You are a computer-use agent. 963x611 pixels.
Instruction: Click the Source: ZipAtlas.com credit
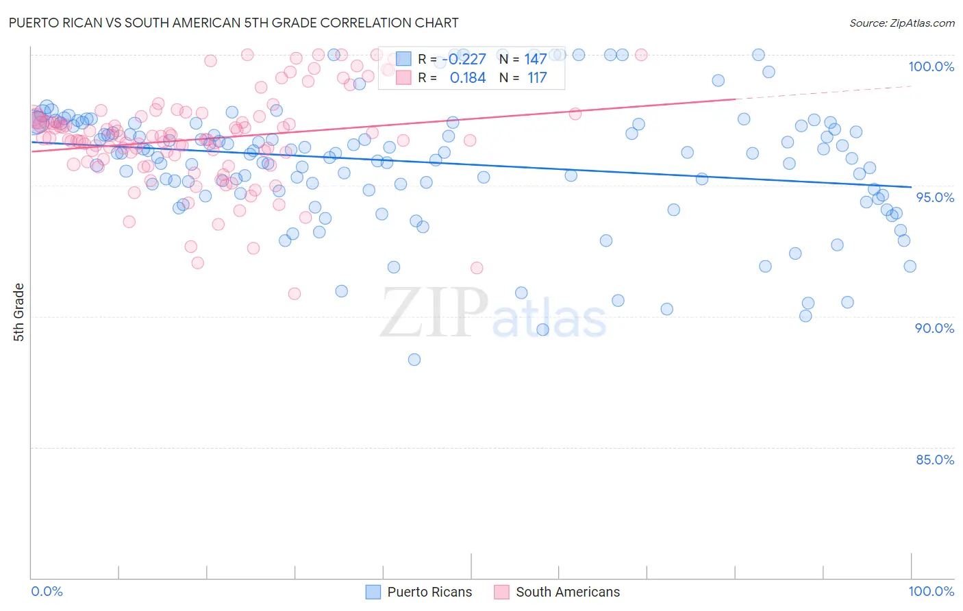point(901,23)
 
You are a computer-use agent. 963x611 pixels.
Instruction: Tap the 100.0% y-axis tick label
point(931,66)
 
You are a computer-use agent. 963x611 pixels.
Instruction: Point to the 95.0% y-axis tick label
point(935,197)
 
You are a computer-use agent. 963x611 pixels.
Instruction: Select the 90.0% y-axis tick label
point(935,328)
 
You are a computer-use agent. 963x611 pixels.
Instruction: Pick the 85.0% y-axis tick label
point(935,460)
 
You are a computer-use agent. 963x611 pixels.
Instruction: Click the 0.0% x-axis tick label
point(47,591)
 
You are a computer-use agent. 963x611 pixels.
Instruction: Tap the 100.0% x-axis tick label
point(931,591)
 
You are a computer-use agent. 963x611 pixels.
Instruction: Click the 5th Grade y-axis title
point(19,312)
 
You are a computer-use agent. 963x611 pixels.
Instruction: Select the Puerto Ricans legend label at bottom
point(429,592)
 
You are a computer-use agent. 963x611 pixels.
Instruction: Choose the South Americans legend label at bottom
point(568,592)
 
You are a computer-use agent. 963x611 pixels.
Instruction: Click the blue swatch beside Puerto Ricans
point(373,592)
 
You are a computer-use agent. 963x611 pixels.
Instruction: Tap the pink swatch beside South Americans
point(501,592)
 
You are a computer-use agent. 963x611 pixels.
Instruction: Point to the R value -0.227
point(464,60)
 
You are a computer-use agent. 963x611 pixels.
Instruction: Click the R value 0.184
point(468,78)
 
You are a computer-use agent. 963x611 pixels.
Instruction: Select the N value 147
point(536,60)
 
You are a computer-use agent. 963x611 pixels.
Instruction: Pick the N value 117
point(537,78)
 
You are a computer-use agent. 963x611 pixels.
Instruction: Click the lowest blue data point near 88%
point(414,360)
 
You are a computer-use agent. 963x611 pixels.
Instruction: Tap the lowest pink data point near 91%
point(295,294)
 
